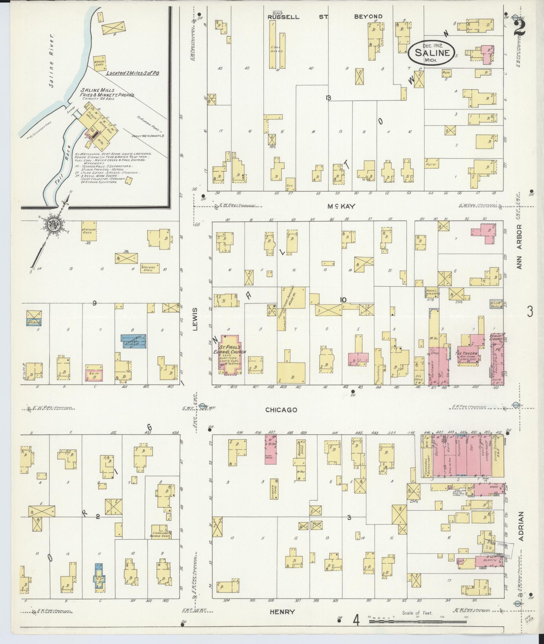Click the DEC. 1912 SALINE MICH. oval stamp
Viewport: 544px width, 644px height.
[431, 53]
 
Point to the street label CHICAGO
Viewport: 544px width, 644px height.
[281, 410]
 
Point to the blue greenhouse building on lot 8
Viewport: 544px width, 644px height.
[133, 341]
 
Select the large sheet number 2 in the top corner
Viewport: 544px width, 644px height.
[520, 27]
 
